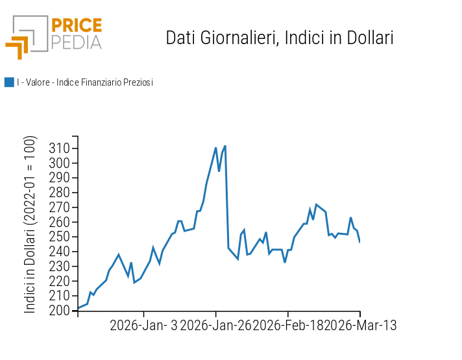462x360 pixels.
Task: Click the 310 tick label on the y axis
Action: point(59,149)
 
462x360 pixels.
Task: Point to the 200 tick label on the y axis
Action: point(59,311)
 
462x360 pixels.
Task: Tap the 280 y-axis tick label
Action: point(59,193)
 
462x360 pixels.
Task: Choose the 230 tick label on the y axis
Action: point(59,267)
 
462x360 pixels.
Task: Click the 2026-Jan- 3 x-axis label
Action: point(143,326)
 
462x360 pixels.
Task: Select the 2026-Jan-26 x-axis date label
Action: point(215,326)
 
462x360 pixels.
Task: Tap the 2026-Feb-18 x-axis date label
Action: point(288,326)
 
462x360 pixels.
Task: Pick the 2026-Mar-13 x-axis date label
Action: point(360,326)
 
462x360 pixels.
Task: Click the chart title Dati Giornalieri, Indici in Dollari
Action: point(280,38)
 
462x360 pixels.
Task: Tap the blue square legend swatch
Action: point(9,82)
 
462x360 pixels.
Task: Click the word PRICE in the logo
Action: point(77,26)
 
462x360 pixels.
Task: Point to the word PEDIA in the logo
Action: point(77,42)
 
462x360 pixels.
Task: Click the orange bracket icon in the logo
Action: point(18,47)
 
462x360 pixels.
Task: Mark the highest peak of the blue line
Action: point(225,146)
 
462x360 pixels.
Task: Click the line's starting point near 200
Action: point(78,308)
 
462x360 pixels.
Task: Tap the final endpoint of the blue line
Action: point(359,242)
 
